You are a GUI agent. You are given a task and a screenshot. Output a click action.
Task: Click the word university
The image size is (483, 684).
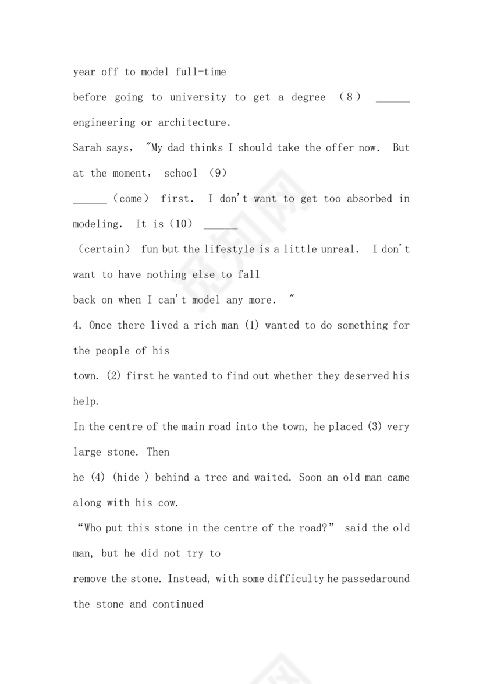198,97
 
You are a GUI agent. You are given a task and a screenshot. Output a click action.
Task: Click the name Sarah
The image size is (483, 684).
87,148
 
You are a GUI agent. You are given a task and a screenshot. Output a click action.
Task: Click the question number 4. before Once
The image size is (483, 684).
79,326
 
